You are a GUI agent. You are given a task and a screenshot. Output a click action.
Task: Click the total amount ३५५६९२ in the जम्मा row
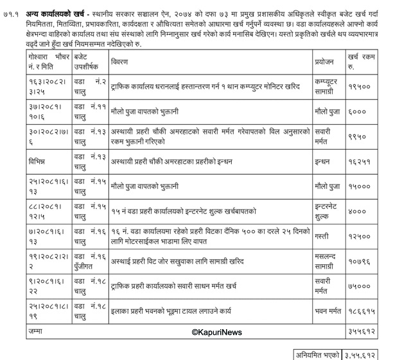(359, 333)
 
